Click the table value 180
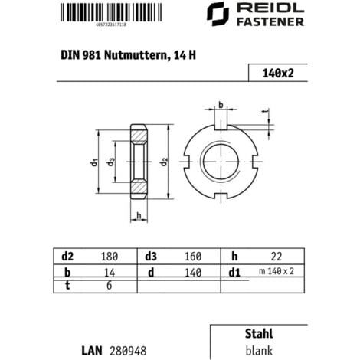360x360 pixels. point(110,255)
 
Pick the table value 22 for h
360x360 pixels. point(277,255)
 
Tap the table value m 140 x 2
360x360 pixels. point(277,271)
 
